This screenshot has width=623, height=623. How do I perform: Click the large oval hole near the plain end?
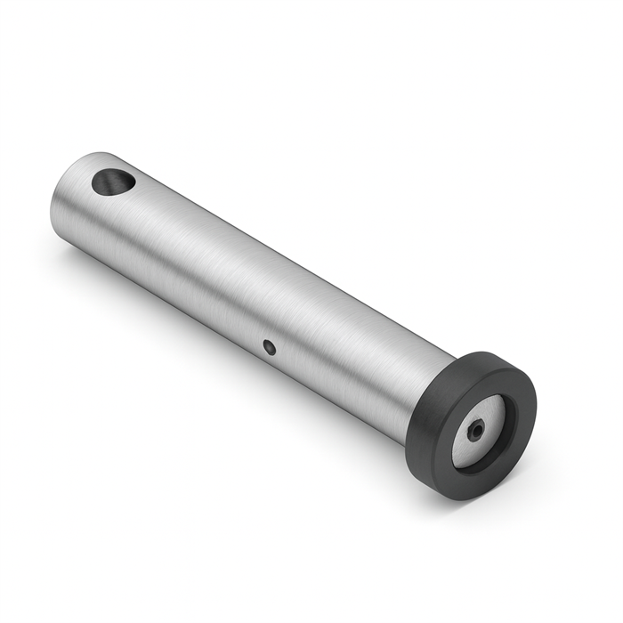point(113,182)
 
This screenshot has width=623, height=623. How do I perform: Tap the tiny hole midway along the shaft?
point(270,345)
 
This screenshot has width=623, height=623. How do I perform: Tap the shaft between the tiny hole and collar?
point(347,356)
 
